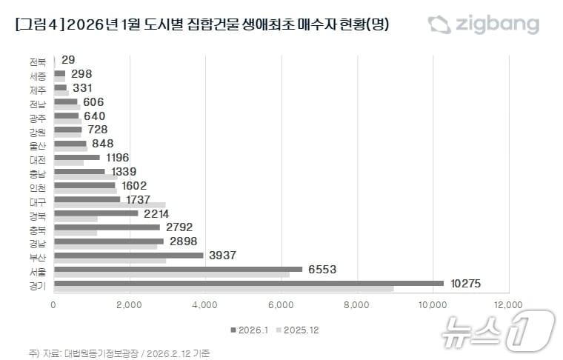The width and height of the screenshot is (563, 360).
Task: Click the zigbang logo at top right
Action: [x=483, y=24]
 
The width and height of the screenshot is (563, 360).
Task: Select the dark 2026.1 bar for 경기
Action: [x=249, y=283]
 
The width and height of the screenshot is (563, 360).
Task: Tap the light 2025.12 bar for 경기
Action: [x=224, y=288]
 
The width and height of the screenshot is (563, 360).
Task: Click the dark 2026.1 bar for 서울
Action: [x=178, y=269]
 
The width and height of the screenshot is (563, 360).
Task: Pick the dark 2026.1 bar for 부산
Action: [x=129, y=255]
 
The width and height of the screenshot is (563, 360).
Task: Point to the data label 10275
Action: [x=468, y=283]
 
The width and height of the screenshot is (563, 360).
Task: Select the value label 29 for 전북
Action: [x=69, y=59]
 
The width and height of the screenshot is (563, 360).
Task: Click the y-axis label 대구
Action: [x=39, y=201]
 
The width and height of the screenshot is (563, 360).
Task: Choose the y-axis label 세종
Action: [x=39, y=76]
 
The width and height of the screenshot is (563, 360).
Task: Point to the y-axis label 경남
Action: [x=39, y=243]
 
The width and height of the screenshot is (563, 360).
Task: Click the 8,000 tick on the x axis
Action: [x=356, y=304]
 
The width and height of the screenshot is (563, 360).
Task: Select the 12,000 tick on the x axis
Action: [x=508, y=304]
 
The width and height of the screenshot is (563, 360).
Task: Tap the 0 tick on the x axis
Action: [x=54, y=304]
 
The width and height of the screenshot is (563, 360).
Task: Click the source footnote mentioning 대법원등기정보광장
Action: [x=119, y=353]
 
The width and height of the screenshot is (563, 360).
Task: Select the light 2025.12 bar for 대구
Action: [x=110, y=205]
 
